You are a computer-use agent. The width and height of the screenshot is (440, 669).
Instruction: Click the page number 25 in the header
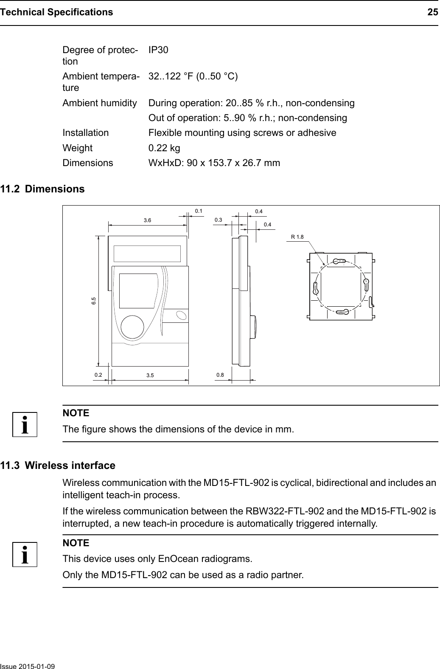pyautogui.click(x=432, y=12)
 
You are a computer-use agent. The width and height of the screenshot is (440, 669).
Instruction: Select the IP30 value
pyautogui.click(x=158, y=50)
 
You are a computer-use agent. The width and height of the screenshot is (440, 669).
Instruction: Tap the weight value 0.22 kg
pyautogui.click(x=164, y=148)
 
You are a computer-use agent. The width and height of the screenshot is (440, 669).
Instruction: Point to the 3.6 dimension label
pyautogui.click(x=147, y=220)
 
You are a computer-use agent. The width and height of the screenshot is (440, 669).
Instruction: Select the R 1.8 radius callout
pyautogui.click(x=297, y=237)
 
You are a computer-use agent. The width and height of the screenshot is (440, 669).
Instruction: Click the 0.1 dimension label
pyautogui.click(x=199, y=211)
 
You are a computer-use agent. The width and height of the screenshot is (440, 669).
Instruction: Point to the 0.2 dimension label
pyautogui.click(x=98, y=375)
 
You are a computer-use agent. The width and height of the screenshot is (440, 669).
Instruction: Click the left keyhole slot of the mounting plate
pyautogui.click(x=316, y=288)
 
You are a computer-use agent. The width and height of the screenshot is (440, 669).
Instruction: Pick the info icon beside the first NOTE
pyautogui.click(x=25, y=423)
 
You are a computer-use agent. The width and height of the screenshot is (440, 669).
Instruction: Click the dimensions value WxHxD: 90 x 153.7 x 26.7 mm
pyautogui.click(x=214, y=163)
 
